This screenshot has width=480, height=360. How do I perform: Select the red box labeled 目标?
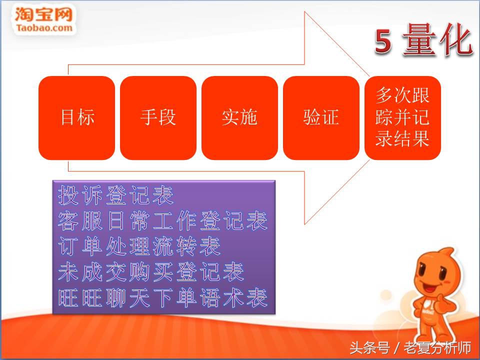pyautogui.click(x=76, y=118)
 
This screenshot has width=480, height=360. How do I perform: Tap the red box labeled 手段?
pyautogui.click(x=158, y=118)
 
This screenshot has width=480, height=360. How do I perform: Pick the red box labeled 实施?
pyautogui.click(x=239, y=118)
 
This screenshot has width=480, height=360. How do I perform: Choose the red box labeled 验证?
pyautogui.click(x=321, y=118)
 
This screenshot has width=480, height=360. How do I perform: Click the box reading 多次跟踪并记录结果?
pyautogui.click(x=402, y=118)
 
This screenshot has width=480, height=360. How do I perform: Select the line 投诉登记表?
pyautogui.click(x=116, y=195)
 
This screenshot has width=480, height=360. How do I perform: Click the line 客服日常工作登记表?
pyautogui.click(x=163, y=221)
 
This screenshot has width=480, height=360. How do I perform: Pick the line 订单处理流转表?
pyautogui.click(x=139, y=247)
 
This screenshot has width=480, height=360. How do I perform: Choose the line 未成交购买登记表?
pyautogui.click(x=151, y=272)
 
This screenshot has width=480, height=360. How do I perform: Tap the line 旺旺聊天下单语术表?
pyautogui.click(x=163, y=298)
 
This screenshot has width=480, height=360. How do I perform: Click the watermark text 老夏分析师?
pyautogui.click(x=437, y=347)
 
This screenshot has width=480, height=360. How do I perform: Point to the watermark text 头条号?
pyautogui.click(x=369, y=347)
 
